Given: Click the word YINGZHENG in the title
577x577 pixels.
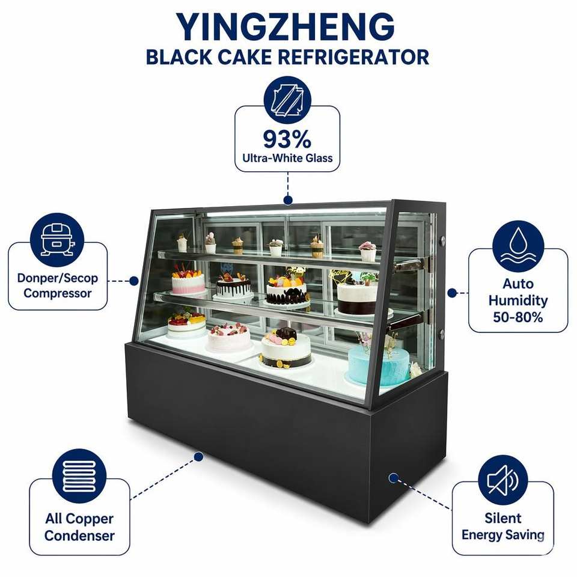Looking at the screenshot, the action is (x=285, y=27).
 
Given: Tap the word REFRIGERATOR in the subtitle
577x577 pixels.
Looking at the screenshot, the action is (x=353, y=57).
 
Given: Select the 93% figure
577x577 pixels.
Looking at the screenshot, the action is (x=287, y=139).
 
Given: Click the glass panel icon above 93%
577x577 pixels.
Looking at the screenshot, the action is (x=287, y=100).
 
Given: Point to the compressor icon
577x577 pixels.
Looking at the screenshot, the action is (x=57, y=240).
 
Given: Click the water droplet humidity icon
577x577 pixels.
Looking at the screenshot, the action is (x=518, y=246).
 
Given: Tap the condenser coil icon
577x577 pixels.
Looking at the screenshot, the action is (x=79, y=476).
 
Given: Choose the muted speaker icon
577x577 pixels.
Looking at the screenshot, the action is (x=502, y=480).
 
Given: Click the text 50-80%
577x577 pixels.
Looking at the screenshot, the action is (x=518, y=317).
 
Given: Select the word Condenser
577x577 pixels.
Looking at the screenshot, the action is (x=79, y=536).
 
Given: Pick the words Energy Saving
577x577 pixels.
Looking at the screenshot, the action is (x=503, y=535).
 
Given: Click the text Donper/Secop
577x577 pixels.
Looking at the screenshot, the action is (x=58, y=278).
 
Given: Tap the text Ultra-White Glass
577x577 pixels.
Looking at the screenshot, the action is (x=287, y=158).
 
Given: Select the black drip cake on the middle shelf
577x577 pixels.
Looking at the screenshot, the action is (x=234, y=286).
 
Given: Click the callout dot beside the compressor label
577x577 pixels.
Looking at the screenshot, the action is (x=134, y=281).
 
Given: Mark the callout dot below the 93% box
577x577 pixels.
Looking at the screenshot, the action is (x=288, y=200).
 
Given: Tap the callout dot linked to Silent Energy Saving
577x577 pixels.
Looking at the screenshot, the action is (x=393, y=478).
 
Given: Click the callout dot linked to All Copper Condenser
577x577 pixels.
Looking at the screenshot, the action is (x=199, y=457).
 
